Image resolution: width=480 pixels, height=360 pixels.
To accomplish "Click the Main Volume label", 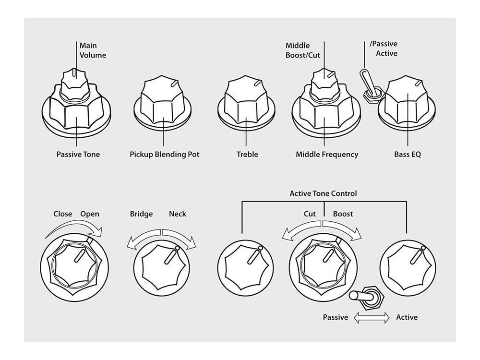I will click(x=93, y=50).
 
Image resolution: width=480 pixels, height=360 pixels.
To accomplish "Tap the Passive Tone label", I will click(x=78, y=155).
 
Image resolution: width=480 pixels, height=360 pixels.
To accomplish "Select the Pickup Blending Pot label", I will click(x=164, y=155).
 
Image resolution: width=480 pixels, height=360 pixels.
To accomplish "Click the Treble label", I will click(x=247, y=155).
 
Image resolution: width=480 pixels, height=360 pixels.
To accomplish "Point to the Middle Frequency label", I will click(x=327, y=155).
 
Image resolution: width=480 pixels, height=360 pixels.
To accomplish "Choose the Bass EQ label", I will click(x=408, y=155).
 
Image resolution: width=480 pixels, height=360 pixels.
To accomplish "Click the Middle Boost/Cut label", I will click(x=303, y=50).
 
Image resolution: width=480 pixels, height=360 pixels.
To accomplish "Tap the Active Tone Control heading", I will click(x=324, y=194).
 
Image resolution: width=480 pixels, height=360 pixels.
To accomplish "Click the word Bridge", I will click(x=141, y=214).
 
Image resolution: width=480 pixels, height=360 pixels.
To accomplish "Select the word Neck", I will click(x=178, y=214).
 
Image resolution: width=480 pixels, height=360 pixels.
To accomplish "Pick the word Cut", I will click(x=310, y=214).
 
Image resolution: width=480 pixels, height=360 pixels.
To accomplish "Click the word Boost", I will click(x=343, y=214).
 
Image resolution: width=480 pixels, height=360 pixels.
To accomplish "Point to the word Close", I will click(x=63, y=214).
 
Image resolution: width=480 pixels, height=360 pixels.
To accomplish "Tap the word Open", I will click(x=90, y=214).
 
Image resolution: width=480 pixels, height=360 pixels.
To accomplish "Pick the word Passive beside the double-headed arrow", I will click(x=336, y=317).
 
